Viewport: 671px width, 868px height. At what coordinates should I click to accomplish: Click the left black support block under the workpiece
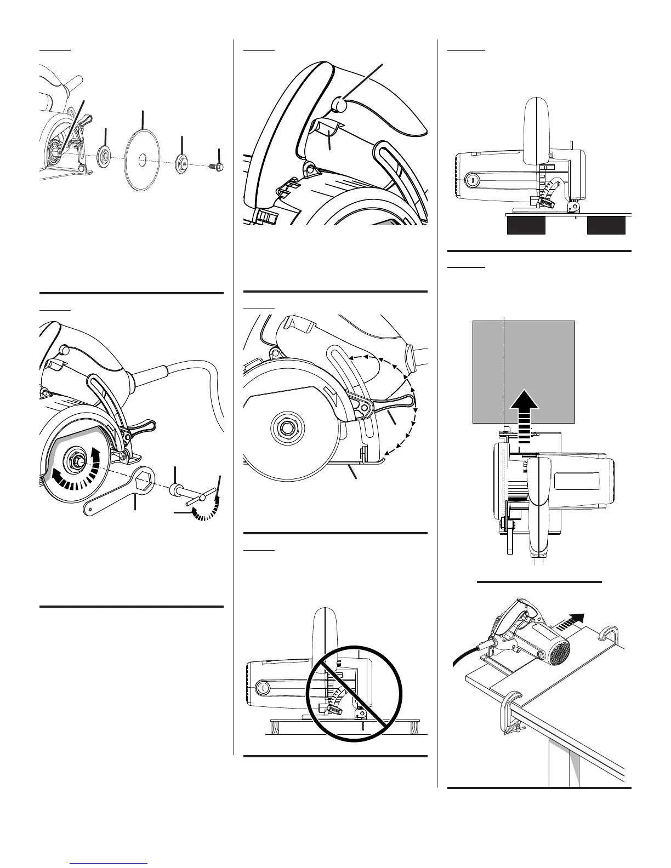[526, 225]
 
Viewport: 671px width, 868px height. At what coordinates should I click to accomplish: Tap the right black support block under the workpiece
[606, 225]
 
